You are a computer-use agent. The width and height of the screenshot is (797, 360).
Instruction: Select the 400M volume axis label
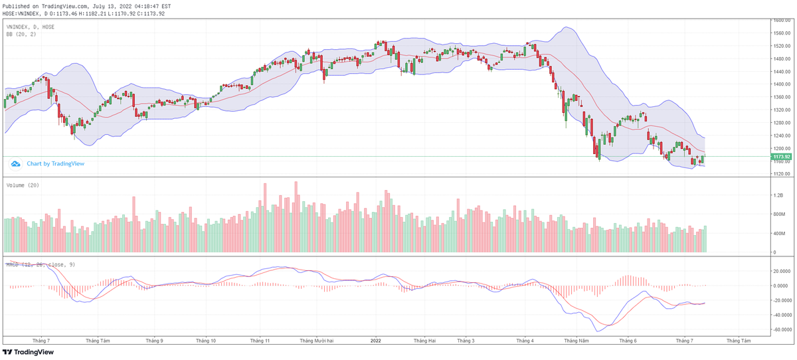click(x=778, y=234)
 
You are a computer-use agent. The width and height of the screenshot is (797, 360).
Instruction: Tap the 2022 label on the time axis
click(x=375, y=340)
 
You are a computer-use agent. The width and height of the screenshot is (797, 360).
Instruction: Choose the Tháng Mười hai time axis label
click(x=315, y=340)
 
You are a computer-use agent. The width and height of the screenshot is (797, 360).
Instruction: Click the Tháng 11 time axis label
click(x=260, y=340)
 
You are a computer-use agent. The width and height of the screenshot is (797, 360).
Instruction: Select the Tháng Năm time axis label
click(x=575, y=340)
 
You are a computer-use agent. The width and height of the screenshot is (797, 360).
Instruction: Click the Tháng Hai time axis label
click(x=424, y=340)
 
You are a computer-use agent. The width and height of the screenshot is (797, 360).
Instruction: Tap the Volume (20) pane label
click(x=23, y=185)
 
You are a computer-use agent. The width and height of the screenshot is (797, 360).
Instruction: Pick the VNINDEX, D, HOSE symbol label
click(x=31, y=27)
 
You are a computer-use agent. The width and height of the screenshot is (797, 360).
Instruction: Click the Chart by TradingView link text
click(x=55, y=163)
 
